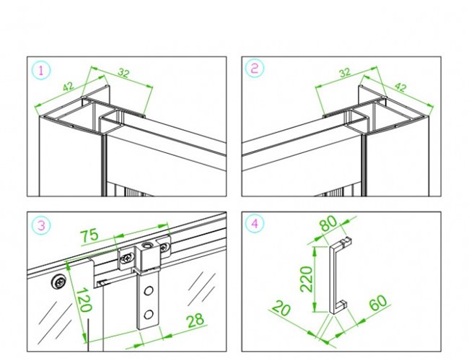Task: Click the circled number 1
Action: tap(41, 70)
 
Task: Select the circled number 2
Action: tap(255, 69)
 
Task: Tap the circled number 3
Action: tap(41, 225)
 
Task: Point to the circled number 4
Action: tap(255, 223)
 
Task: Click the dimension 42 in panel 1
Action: tap(69, 87)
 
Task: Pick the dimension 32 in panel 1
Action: tap(123, 73)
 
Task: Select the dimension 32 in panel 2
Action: tap(345, 72)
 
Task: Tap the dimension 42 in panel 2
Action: tap(400, 87)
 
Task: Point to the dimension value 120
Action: tap(84, 300)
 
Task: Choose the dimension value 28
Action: tap(196, 321)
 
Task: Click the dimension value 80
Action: tap(328, 223)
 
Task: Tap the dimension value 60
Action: tap(378, 303)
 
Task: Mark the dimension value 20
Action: tap(281, 308)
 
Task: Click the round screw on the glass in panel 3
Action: tap(58, 282)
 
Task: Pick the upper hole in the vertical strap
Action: tap(149, 290)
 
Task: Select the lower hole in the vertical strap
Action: tap(149, 314)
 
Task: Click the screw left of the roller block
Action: tap(128, 258)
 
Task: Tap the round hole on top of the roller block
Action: tap(146, 245)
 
